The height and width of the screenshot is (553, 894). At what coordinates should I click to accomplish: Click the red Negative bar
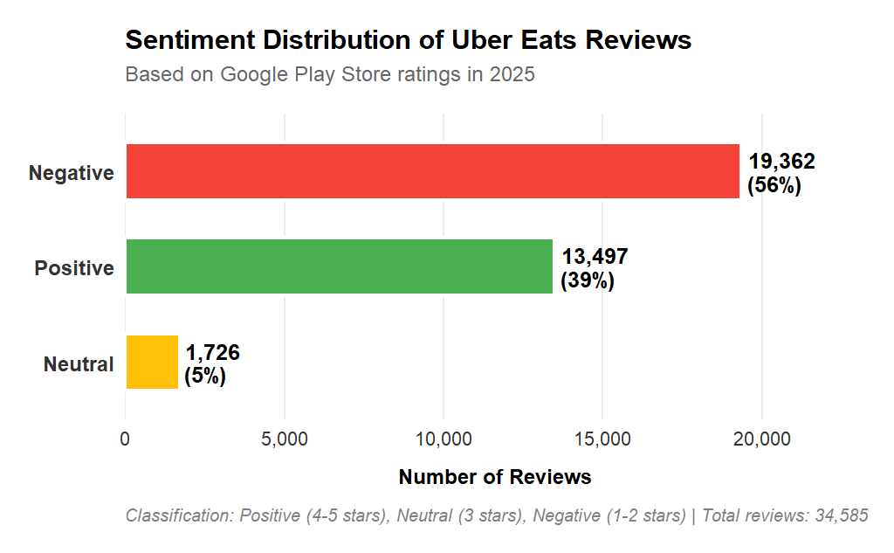coord(432,171)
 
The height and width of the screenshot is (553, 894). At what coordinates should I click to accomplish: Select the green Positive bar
coord(339,266)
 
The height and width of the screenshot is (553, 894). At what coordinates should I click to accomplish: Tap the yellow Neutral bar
coord(152,362)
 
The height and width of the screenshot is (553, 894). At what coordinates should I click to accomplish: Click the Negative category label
coord(72,173)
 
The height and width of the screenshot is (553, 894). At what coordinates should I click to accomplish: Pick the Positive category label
coord(74,268)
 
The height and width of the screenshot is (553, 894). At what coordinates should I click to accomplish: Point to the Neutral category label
coord(79,364)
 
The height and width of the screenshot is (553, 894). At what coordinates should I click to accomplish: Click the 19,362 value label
coord(781,162)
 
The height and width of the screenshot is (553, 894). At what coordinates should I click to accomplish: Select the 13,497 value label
coord(595,257)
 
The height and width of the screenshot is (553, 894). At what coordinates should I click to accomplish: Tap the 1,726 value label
coord(212,353)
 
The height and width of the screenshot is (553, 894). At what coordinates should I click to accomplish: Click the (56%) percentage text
coord(774,185)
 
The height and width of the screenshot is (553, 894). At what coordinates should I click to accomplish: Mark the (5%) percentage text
coord(205,377)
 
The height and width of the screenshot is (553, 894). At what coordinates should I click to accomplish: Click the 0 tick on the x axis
coord(126,439)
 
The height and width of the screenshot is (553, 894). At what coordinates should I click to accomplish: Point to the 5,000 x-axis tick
coord(285,439)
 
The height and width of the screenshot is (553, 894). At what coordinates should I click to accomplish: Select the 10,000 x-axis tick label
coord(444,439)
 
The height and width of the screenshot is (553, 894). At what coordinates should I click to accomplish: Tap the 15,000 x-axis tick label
coord(602,439)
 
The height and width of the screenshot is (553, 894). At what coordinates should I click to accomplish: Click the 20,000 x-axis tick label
coord(761,439)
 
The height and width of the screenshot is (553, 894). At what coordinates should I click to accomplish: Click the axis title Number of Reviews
coord(495,477)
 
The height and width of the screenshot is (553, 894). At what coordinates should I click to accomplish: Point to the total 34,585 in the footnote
coord(841,515)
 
